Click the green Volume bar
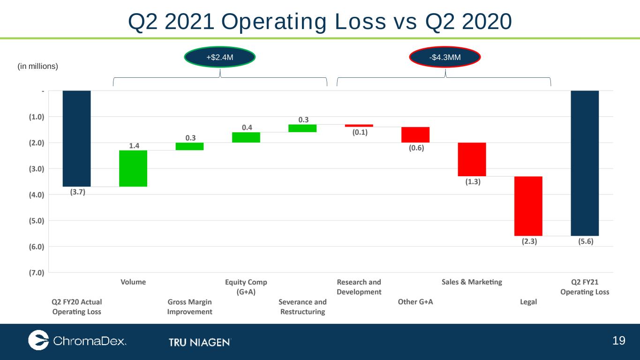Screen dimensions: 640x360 (133, 168)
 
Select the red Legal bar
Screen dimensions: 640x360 (528, 206)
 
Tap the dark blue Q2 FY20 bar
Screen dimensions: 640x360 (76, 139)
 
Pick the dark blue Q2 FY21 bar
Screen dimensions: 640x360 (585, 163)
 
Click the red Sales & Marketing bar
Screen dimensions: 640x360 (472, 159)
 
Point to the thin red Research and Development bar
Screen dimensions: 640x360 (359, 126)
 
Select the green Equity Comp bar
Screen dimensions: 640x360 (246, 137)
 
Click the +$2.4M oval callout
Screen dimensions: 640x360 (220, 57)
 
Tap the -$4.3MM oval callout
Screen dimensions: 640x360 (445, 57)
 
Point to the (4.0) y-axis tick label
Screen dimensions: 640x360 (37, 195)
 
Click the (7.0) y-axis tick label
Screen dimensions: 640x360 (37, 273)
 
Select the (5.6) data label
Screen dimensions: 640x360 (586, 241)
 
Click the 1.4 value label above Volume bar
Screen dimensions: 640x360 (134, 146)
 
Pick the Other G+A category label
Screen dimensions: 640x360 (415, 302)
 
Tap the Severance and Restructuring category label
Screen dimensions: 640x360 (302, 307)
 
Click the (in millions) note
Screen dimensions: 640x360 (38, 66)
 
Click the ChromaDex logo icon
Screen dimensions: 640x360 (38, 340)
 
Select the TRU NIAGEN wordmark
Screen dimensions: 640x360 (200, 342)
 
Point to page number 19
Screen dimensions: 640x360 (618, 341)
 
